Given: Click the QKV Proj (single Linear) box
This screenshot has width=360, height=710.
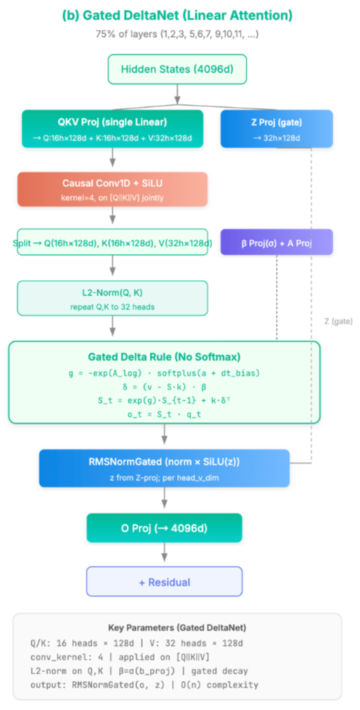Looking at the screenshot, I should point(112,128).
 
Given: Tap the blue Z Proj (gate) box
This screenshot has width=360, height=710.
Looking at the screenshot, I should point(277,128).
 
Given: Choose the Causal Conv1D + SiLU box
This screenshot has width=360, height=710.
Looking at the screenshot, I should point(112,189).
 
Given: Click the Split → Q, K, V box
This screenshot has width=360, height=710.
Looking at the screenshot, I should point(112,243).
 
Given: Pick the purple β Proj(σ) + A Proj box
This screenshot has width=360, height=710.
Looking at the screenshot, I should point(277,242).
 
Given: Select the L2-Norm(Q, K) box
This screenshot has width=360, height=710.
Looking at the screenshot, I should point(112,298).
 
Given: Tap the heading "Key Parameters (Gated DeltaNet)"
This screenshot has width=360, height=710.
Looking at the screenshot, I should point(178,627).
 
